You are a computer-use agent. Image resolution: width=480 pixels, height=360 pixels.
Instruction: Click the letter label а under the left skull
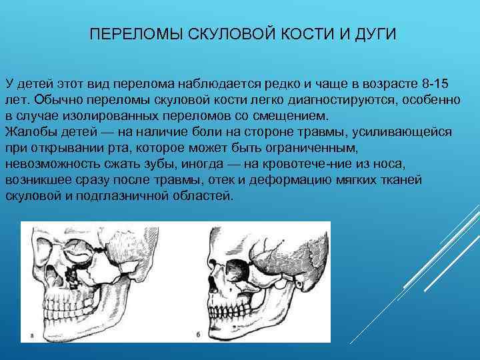pos(32,334)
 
